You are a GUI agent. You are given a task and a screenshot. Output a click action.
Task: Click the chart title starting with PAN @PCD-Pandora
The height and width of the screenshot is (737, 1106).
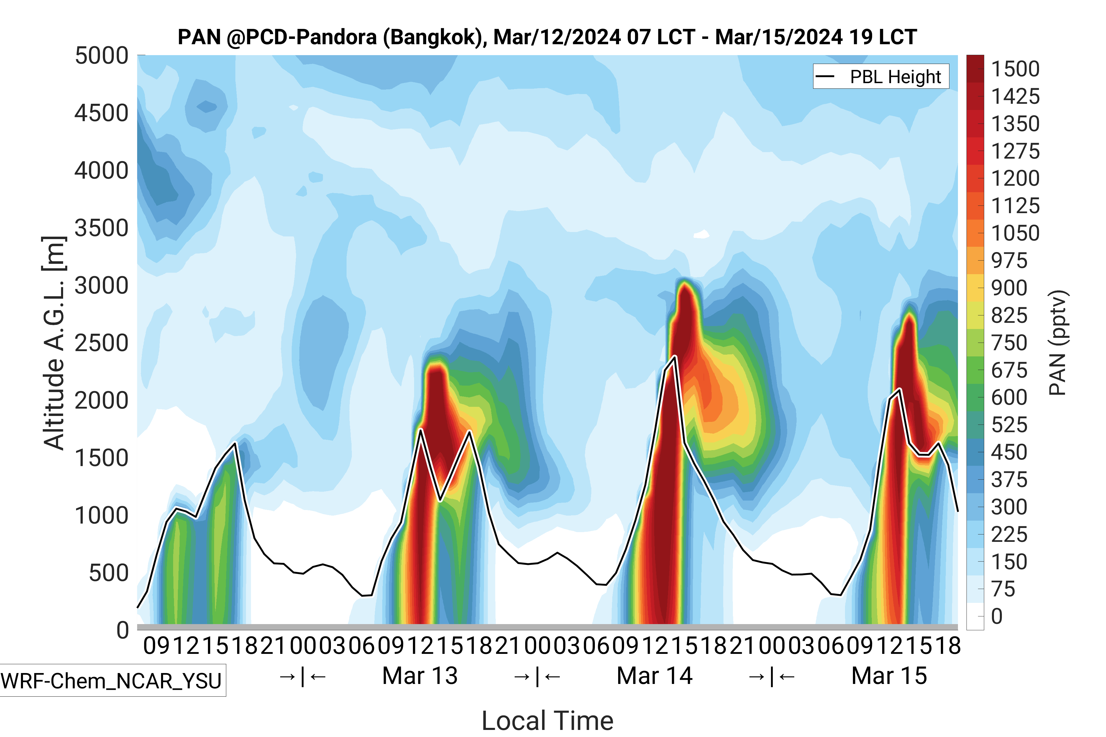547,37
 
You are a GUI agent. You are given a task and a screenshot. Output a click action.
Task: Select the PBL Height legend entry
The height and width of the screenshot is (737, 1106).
895,77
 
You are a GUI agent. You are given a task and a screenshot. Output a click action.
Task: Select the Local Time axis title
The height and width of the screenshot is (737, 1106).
547,720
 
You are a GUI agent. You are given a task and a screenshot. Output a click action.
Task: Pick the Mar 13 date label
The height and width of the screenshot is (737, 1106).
420,676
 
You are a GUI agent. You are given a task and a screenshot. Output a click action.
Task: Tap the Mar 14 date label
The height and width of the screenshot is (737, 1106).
654,676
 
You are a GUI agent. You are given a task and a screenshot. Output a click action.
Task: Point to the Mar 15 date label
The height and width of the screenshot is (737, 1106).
889,676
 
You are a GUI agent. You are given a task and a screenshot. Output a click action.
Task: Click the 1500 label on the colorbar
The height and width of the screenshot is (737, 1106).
1015,69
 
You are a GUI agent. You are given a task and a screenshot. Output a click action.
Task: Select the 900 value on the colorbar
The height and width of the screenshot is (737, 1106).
1009,288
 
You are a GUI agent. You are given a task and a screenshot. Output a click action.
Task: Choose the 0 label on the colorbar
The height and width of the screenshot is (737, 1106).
997,616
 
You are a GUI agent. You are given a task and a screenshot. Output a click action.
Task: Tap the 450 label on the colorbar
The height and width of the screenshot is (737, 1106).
1009,452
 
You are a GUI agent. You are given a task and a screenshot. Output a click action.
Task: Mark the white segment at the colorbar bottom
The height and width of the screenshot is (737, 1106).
975,616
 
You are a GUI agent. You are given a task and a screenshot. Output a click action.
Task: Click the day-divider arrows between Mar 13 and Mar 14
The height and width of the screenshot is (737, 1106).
537,677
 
